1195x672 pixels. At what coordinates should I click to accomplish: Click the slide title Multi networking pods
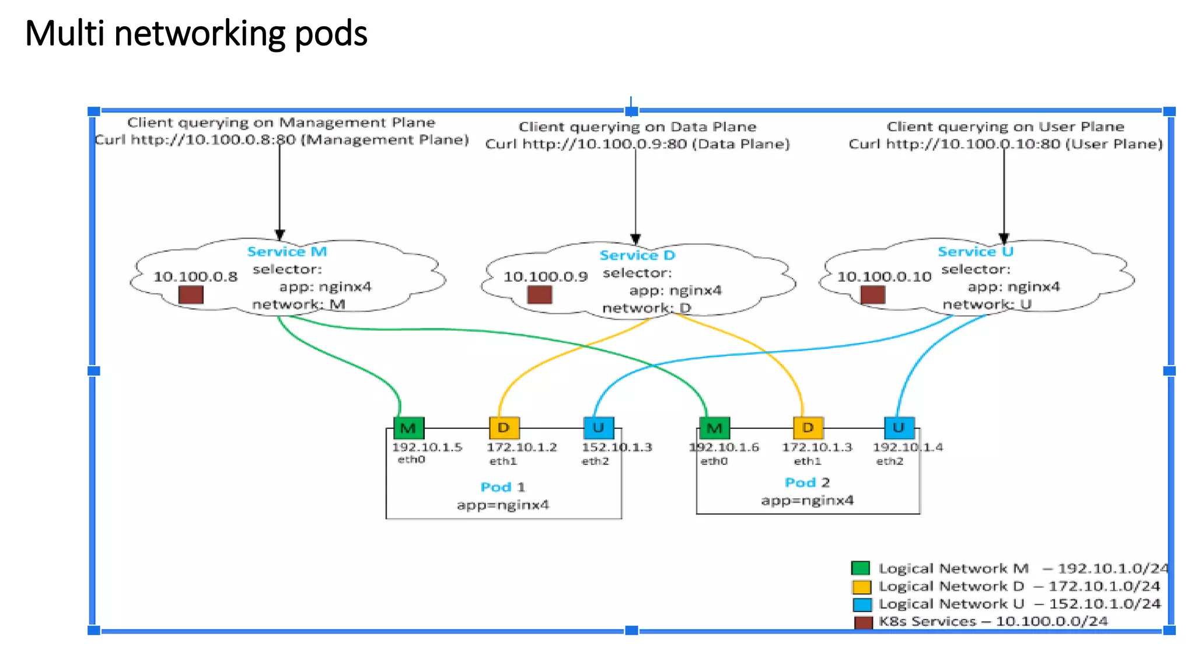(196, 33)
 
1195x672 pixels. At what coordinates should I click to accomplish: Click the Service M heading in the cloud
(286, 251)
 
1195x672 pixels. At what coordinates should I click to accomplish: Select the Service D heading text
(637, 255)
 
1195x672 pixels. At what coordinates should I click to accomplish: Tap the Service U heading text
(975, 251)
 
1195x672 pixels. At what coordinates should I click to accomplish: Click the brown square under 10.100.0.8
(191, 295)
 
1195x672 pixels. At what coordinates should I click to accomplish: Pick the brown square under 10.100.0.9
(539, 295)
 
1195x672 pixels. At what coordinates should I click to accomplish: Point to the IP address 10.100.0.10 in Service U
(884, 276)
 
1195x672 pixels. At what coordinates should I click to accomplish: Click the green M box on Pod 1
(408, 428)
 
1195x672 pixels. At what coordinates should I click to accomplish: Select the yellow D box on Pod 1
(504, 428)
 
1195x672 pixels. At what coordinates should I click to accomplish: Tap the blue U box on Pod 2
(899, 428)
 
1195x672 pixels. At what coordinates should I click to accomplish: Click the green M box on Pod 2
(714, 428)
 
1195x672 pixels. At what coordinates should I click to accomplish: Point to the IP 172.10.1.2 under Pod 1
(522, 447)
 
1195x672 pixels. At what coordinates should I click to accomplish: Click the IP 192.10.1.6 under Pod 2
(724, 447)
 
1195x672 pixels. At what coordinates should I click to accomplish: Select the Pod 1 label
(502, 487)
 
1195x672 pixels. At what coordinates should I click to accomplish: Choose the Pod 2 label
(807, 482)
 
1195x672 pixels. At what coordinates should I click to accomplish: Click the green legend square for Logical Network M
(861, 568)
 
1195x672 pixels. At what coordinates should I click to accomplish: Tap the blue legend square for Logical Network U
(862, 604)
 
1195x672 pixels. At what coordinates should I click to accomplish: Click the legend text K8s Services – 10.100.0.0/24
(993, 621)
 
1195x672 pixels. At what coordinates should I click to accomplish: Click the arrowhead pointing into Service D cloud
(635, 239)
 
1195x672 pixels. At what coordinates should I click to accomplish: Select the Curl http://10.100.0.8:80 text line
(282, 140)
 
